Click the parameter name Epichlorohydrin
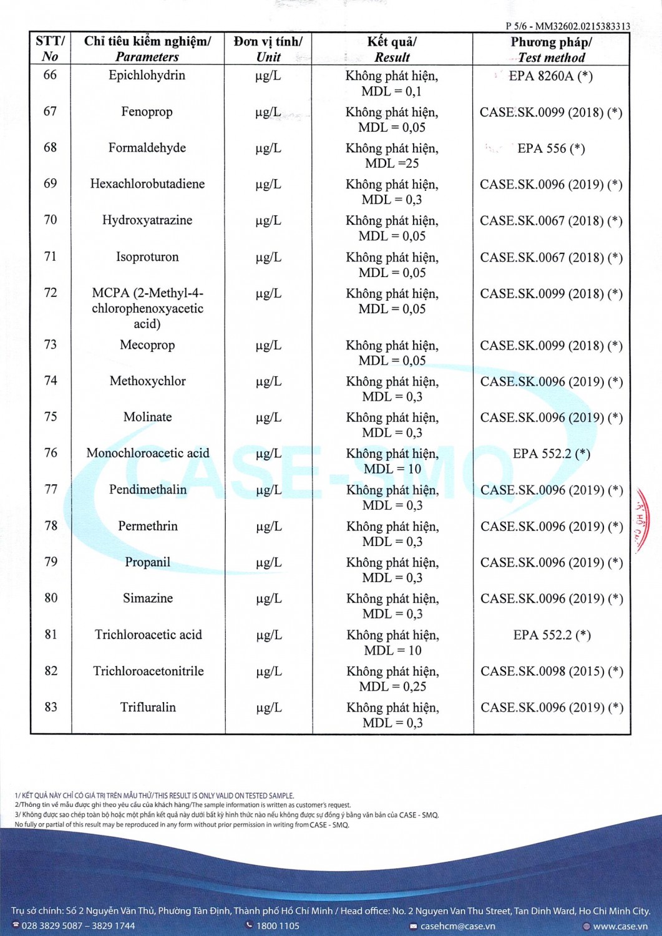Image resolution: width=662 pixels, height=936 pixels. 147,76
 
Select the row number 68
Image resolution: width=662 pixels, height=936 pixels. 50,147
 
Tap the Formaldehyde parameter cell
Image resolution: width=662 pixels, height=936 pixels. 147,148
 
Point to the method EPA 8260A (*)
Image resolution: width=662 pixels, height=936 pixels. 550,76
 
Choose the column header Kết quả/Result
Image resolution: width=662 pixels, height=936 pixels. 392,49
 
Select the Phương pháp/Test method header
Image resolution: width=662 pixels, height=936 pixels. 551,49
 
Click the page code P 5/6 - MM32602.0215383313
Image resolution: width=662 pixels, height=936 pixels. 567,26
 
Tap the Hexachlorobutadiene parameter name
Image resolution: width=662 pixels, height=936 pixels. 147,184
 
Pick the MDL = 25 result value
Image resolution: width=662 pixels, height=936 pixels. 392,163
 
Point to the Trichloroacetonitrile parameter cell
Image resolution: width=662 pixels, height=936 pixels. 148,671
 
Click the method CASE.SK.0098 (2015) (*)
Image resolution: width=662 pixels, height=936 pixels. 552,671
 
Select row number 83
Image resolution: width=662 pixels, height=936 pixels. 51,707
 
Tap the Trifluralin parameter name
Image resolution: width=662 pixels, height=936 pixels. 148,707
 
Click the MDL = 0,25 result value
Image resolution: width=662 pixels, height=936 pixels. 392,686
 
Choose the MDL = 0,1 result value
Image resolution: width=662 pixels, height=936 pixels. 392,91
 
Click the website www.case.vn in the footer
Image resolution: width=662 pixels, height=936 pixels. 620,926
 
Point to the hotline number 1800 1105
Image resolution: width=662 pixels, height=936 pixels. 278,926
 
